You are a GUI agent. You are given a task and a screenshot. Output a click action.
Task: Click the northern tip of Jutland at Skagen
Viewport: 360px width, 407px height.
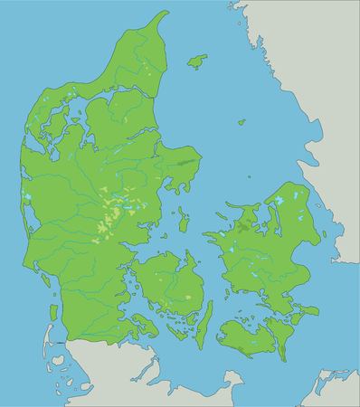[166, 14]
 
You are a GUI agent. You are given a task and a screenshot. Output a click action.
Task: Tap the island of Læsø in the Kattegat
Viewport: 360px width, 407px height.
[196, 62]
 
